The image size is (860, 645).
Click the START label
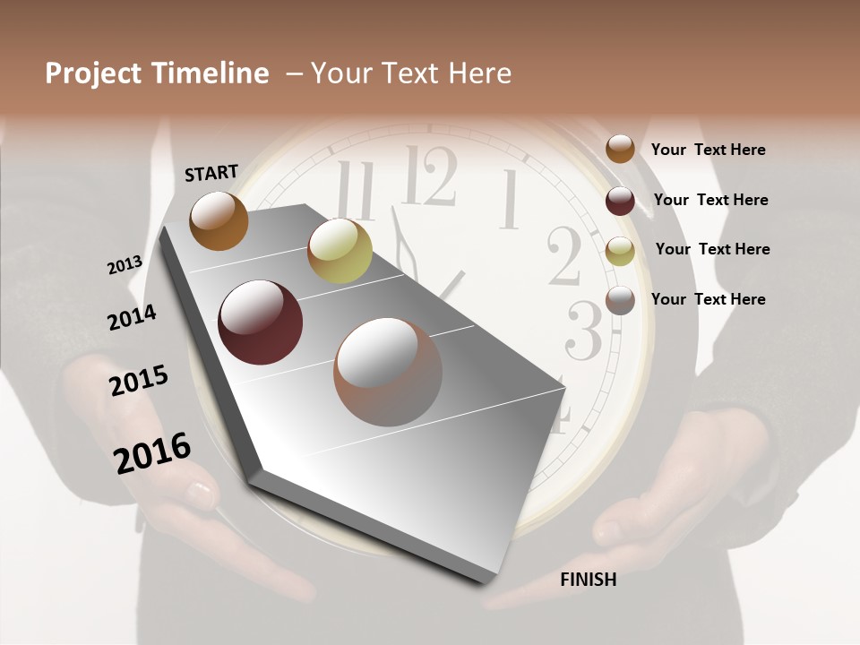coord(211,173)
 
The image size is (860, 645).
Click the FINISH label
coord(589,580)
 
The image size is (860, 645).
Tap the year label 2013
coord(125,265)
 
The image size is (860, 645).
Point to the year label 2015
coord(139,381)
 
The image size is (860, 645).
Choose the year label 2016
coord(152,453)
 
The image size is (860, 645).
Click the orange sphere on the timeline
coord(219,220)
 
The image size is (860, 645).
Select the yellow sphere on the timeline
coord(340,250)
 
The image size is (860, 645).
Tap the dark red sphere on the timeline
coord(261,322)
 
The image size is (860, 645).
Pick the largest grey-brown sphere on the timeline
coord(388,372)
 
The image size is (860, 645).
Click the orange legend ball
coord(620,149)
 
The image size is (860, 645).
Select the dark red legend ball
coord(620,201)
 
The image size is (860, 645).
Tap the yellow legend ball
coord(620,251)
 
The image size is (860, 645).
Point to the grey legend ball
coord(620,300)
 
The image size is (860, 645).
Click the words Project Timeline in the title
coord(157,73)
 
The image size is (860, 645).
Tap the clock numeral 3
coord(584,332)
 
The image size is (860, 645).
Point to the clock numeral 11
coord(357,191)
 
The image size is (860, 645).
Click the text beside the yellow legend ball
coord(712,249)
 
